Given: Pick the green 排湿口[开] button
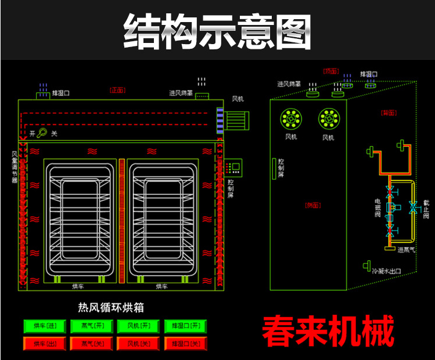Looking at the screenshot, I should [x=185, y=326].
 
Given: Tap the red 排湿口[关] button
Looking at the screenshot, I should [x=185, y=344].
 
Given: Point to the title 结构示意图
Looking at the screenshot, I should [x=217, y=30].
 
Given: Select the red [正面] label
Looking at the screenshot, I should [x=117, y=90].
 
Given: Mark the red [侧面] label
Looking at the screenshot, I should [x=313, y=205].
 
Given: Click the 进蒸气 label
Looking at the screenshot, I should [x=406, y=250].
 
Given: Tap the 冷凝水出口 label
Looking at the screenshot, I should [x=387, y=271].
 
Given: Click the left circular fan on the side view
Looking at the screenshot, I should [x=291, y=119].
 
